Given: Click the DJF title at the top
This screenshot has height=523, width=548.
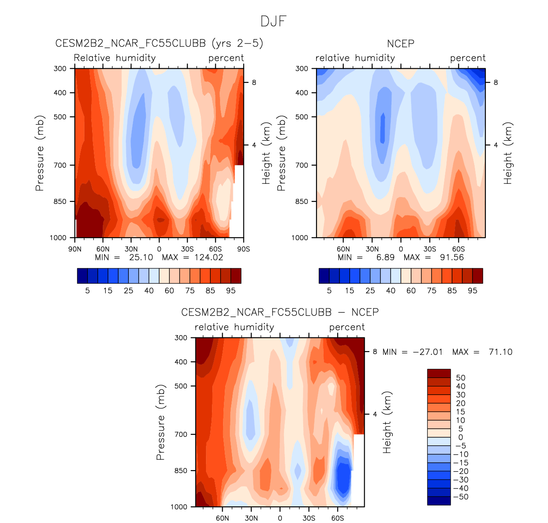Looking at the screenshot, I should point(273,21).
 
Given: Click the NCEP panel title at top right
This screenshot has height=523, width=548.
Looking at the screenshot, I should point(400,44).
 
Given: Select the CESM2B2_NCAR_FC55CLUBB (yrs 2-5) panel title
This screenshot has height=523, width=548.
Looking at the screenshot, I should point(159,44).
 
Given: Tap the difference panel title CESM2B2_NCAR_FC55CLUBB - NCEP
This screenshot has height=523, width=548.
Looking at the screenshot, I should point(280,312).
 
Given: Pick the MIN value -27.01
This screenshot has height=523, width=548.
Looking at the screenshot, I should point(428,352).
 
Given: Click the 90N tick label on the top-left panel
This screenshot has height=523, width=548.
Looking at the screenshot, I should point(75,249).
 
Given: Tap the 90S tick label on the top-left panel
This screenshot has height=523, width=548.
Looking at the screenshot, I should point(244,249).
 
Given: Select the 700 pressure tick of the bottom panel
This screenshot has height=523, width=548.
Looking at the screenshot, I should point(181,434).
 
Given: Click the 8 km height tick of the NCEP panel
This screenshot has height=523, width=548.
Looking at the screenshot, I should point(496,82).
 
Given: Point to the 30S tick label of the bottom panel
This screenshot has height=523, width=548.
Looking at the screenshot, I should point(309,518).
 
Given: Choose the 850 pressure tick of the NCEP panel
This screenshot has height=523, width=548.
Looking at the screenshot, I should point(302,201).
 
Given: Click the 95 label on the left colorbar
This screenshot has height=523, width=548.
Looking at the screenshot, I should point(231,291).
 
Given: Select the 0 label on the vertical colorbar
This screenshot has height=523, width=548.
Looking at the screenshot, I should point(461,437).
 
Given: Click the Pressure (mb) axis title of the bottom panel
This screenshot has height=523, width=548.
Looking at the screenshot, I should point(160,422).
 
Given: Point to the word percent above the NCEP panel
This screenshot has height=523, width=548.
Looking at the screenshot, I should point(468,58).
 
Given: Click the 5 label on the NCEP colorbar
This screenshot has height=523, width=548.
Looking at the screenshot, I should point(329,291).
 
